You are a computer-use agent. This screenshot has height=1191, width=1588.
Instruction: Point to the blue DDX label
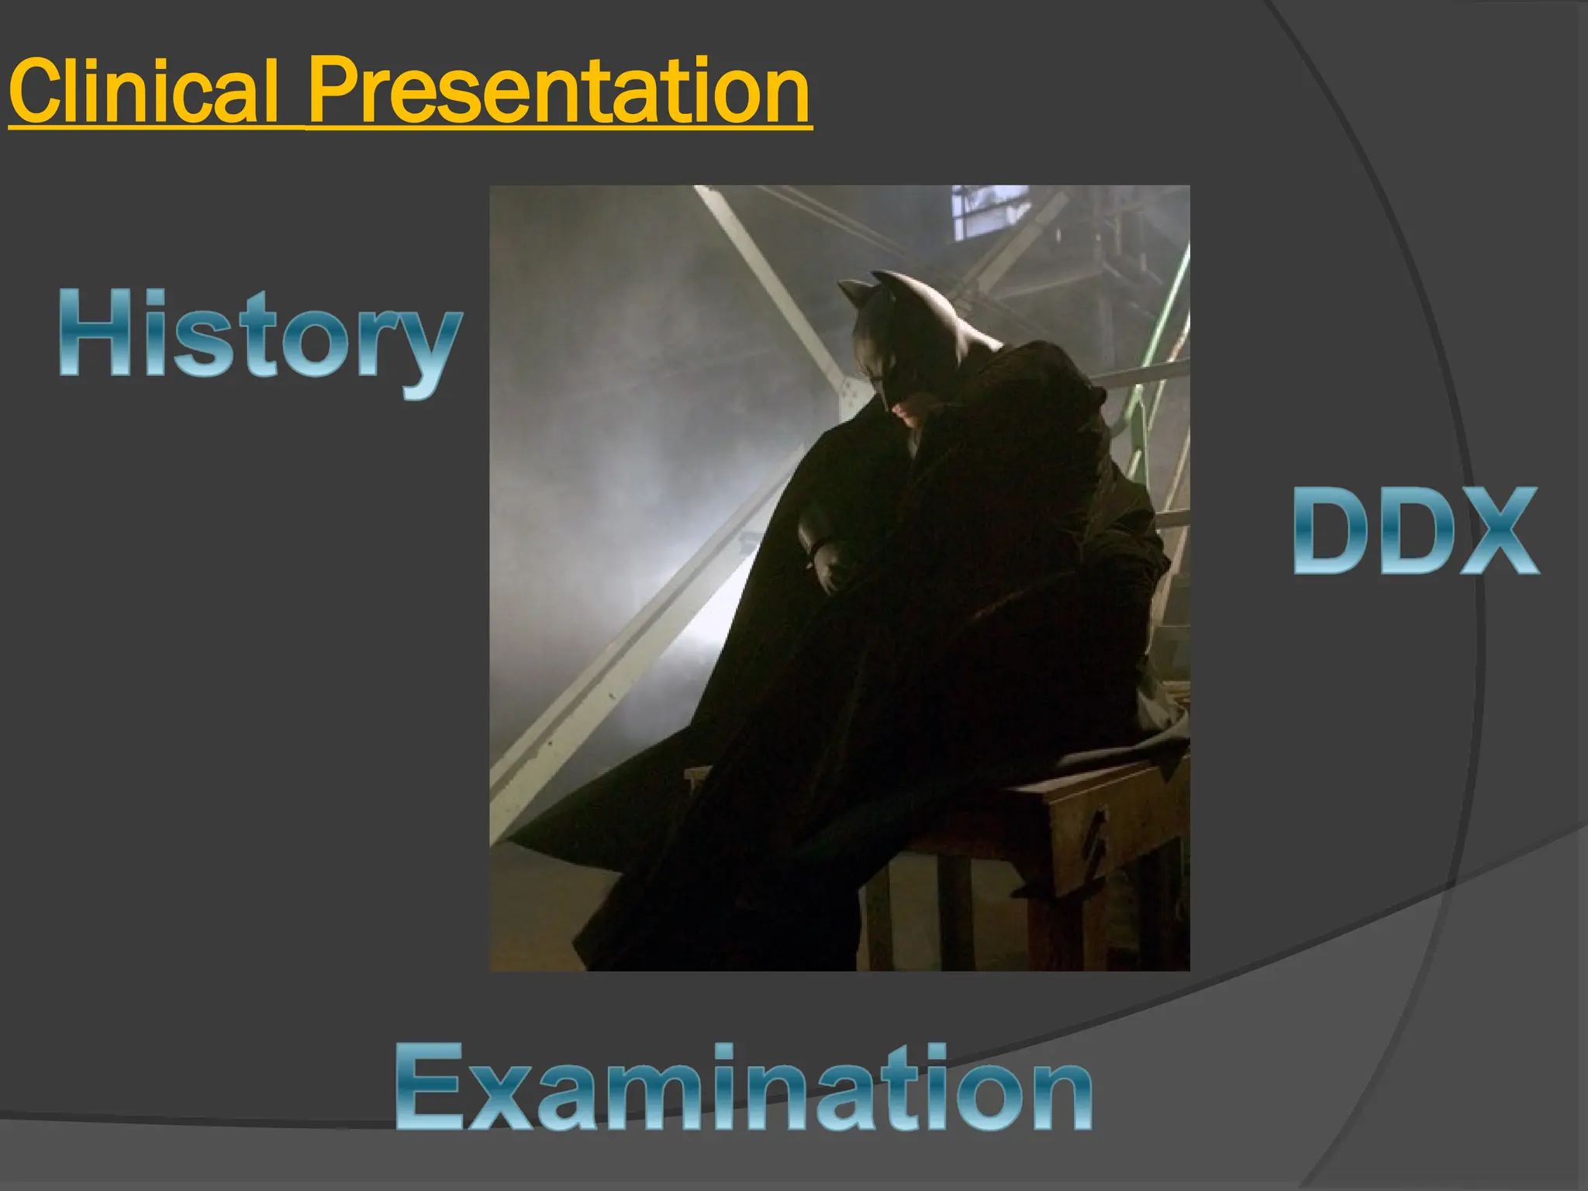click(x=1416, y=532)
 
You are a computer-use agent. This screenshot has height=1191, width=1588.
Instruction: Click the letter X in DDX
click(x=1500, y=532)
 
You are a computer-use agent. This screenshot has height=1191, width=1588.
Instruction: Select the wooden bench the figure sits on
click(x=1086, y=814)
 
